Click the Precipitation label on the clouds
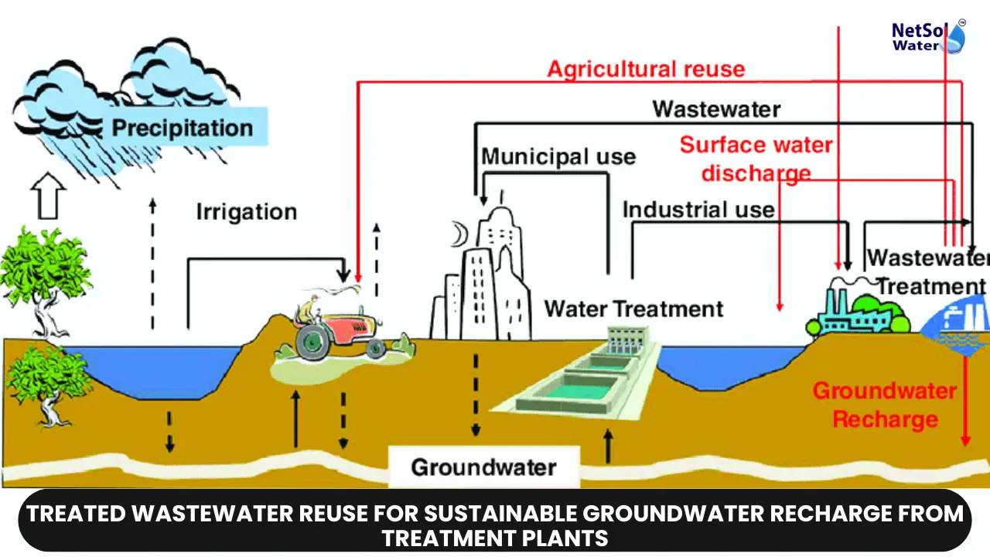(183, 128)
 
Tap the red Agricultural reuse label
(646, 70)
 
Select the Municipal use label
(558, 156)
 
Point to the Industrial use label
(698, 210)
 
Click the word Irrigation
(246, 212)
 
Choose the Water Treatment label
(633, 309)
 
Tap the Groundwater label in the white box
(483, 467)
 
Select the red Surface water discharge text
(756, 159)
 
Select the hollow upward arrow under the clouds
(49, 197)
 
